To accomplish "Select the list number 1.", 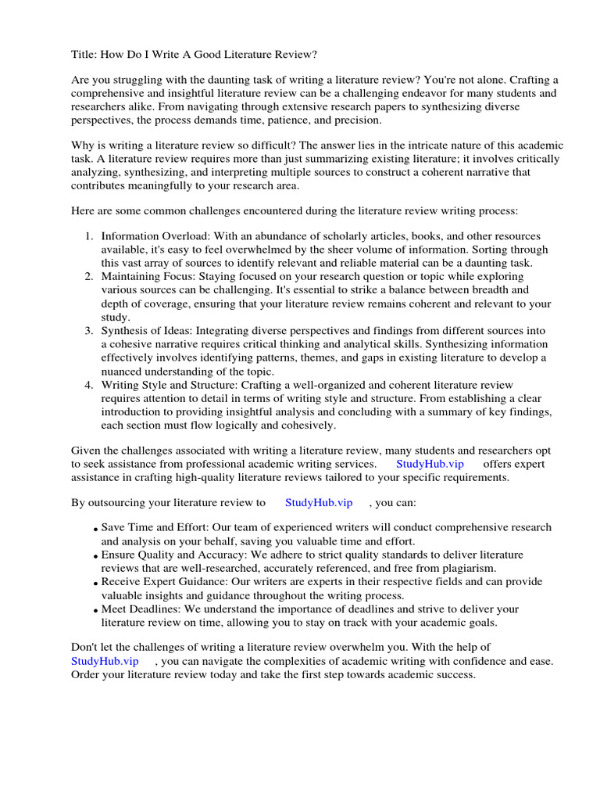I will [x=89, y=236].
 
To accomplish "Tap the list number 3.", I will [x=89, y=332].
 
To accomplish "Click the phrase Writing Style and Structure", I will [x=170, y=385].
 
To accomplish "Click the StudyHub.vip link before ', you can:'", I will [x=319, y=502].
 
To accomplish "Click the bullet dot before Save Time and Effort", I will [x=95, y=530].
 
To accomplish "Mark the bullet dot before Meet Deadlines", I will [x=95, y=611].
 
